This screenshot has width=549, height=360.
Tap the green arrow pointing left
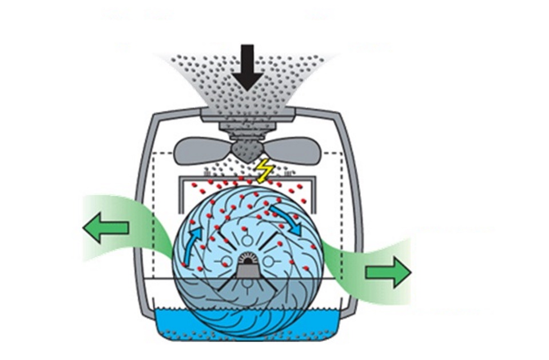(x=106, y=228)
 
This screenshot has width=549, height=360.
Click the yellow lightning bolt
(x=264, y=169)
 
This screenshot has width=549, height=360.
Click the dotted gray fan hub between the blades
(x=247, y=150)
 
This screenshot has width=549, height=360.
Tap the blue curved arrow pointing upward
(x=193, y=240)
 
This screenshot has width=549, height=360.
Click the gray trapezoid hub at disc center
(x=247, y=269)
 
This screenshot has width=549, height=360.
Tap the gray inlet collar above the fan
(x=247, y=117)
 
